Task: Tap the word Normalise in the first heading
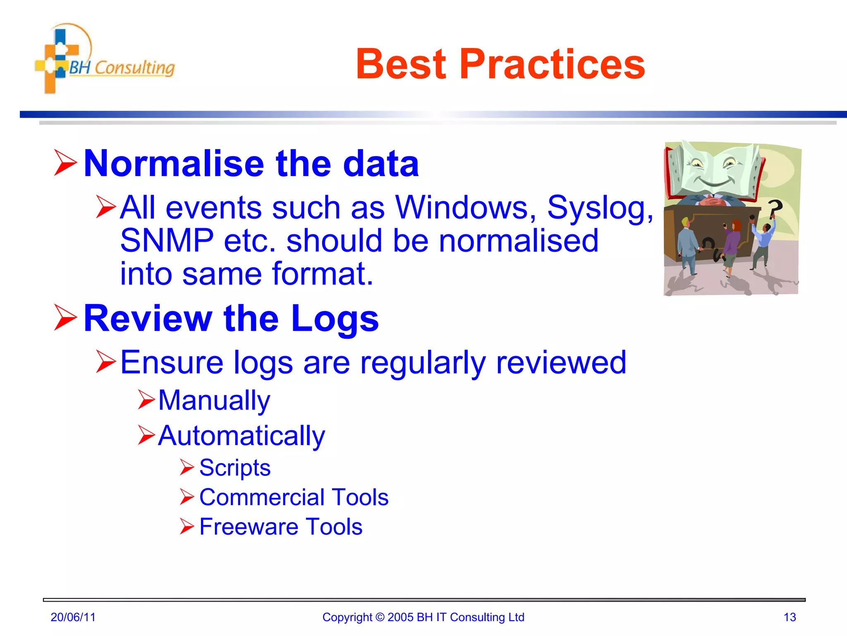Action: point(174,164)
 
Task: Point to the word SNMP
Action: point(167,241)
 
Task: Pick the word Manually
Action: point(214,401)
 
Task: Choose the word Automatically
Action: point(242,436)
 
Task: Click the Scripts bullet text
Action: point(234,468)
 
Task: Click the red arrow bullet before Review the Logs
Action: point(65,318)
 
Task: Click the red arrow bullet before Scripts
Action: point(187,467)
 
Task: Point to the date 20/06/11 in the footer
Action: point(73,617)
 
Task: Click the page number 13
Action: point(790,617)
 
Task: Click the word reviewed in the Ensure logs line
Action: point(561,363)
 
